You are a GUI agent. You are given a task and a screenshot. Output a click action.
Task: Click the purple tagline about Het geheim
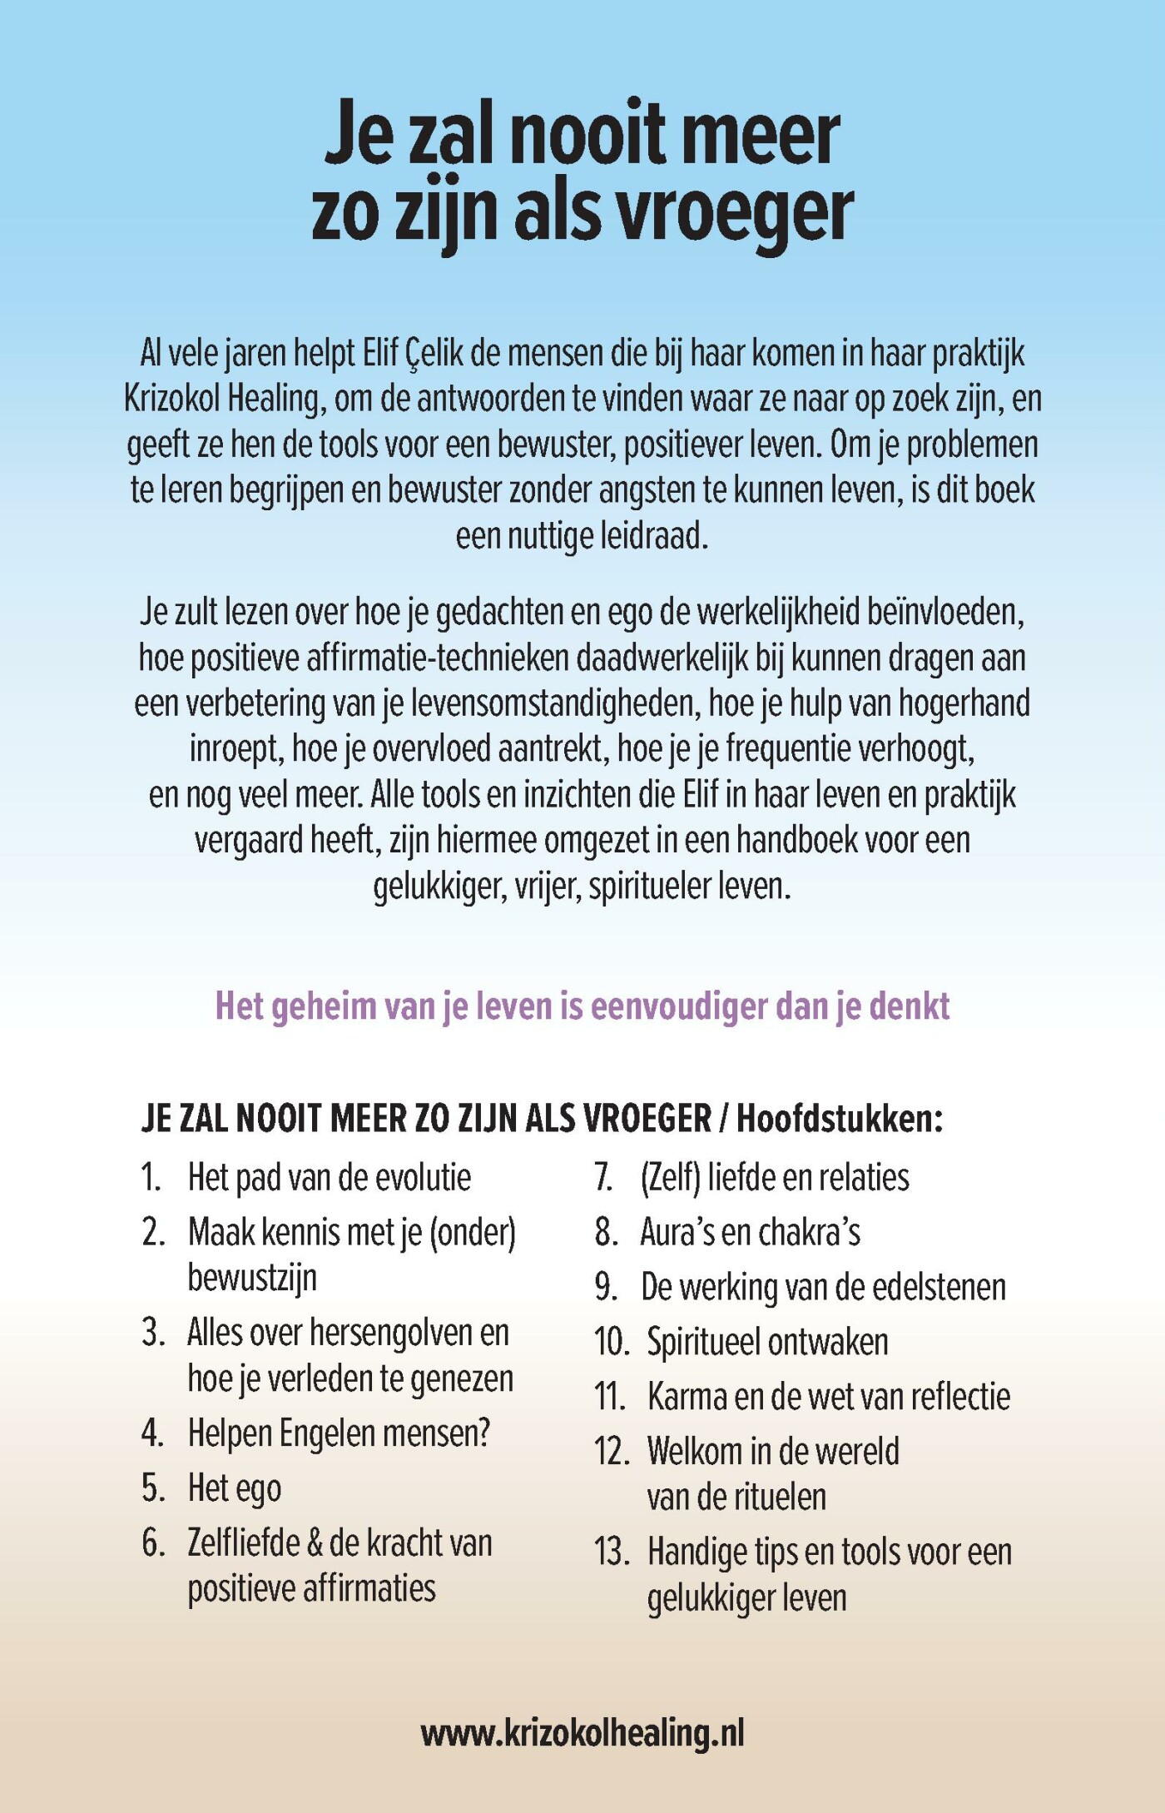(x=582, y=1006)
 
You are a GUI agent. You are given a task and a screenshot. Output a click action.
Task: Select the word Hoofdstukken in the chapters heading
(x=839, y=1119)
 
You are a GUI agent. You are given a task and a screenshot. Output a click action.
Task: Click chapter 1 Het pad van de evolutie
(x=330, y=1178)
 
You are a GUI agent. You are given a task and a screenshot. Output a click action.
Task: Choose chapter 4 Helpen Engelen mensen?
(x=339, y=1433)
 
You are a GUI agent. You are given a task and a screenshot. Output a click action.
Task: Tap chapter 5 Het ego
(x=235, y=1488)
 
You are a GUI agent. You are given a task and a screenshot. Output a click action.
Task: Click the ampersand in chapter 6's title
(x=315, y=1543)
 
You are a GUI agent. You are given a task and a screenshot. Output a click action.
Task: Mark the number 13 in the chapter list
(x=612, y=1552)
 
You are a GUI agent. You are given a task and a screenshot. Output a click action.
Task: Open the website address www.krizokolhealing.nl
(x=582, y=1734)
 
